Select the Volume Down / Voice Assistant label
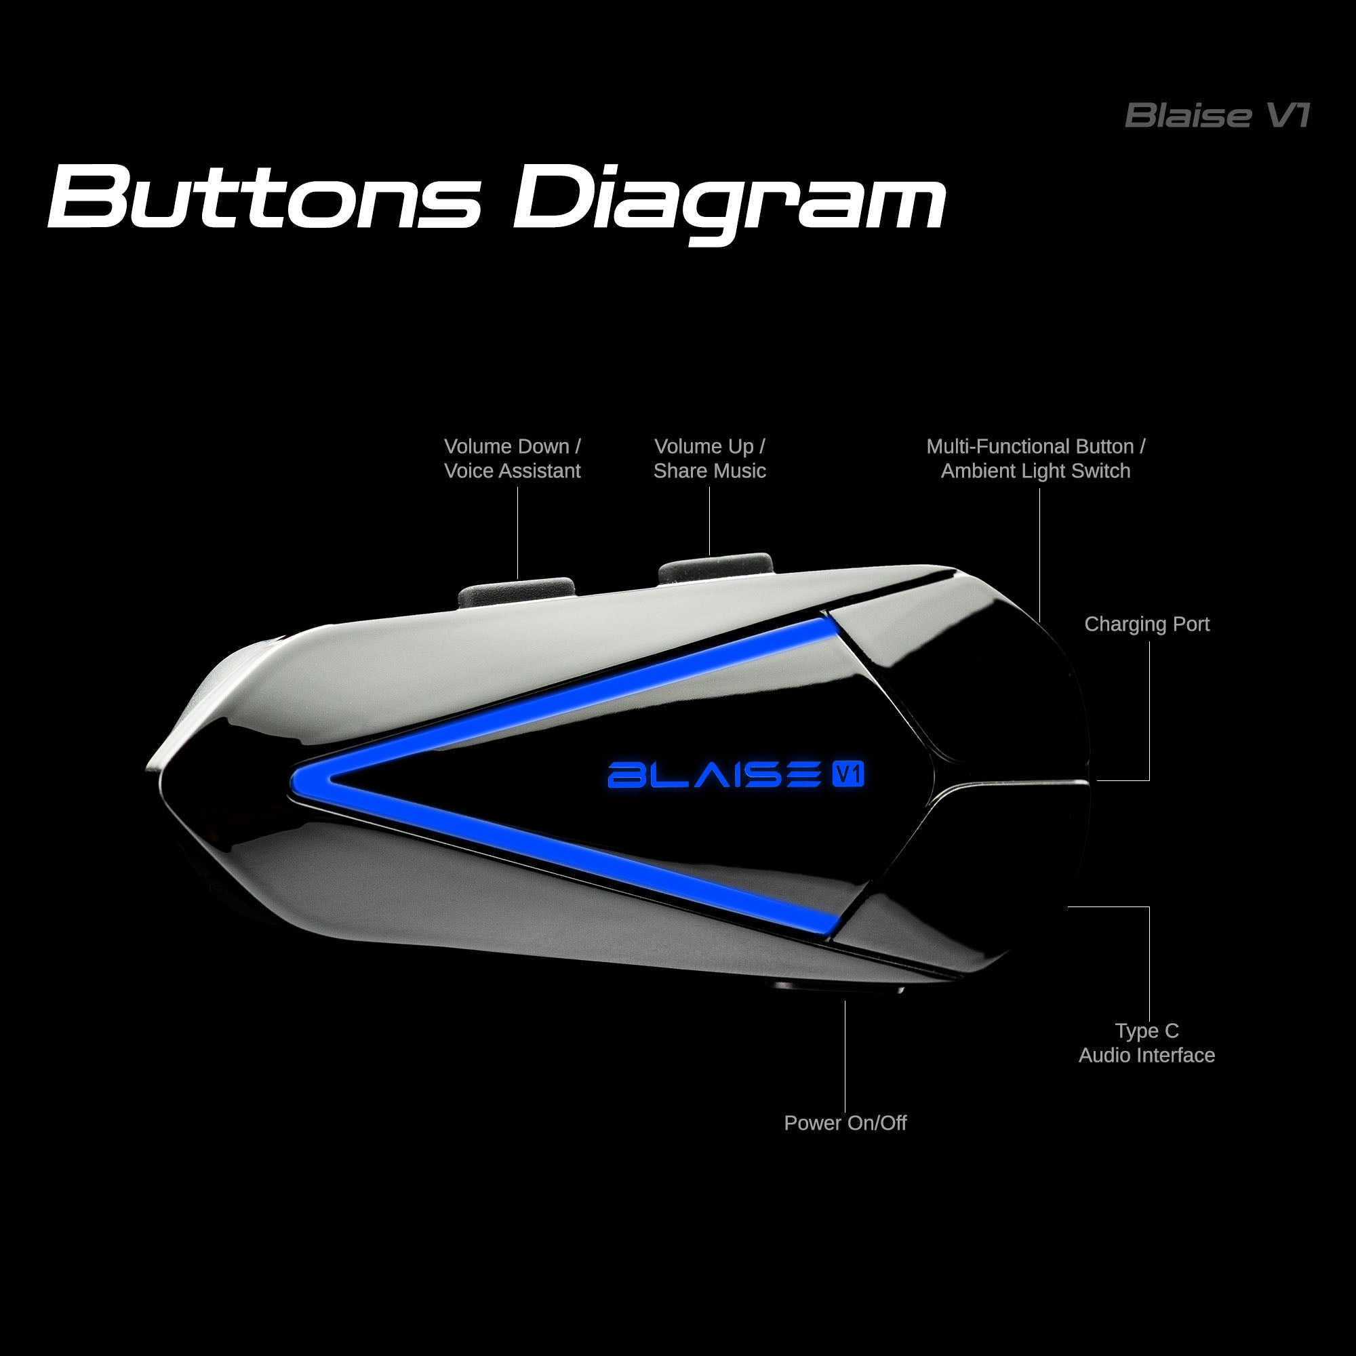click(513, 458)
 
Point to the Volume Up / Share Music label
click(710, 458)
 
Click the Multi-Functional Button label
click(1035, 458)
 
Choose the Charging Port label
click(1147, 624)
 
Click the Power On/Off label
click(845, 1123)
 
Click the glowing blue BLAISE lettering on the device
click(713, 775)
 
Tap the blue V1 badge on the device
click(848, 774)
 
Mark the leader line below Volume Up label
click(710, 519)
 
